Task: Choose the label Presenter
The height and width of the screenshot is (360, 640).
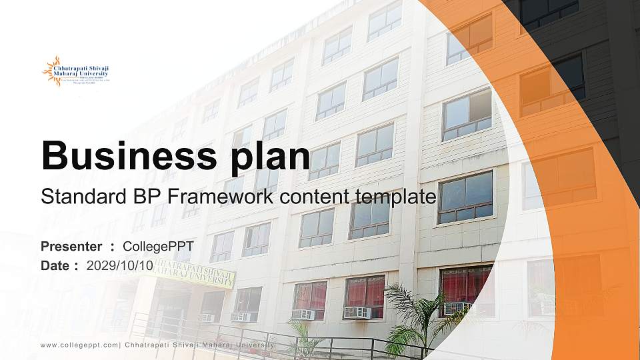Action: (71, 247)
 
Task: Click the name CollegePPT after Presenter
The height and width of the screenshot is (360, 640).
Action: (158, 247)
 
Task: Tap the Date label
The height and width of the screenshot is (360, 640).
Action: (56, 265)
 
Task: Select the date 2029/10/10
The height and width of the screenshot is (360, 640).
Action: (120, 265)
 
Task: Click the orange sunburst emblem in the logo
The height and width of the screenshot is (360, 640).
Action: (51, 71)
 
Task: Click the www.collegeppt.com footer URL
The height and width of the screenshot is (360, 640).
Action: (79, 345)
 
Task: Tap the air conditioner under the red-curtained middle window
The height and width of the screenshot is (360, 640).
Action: (357, 312)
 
